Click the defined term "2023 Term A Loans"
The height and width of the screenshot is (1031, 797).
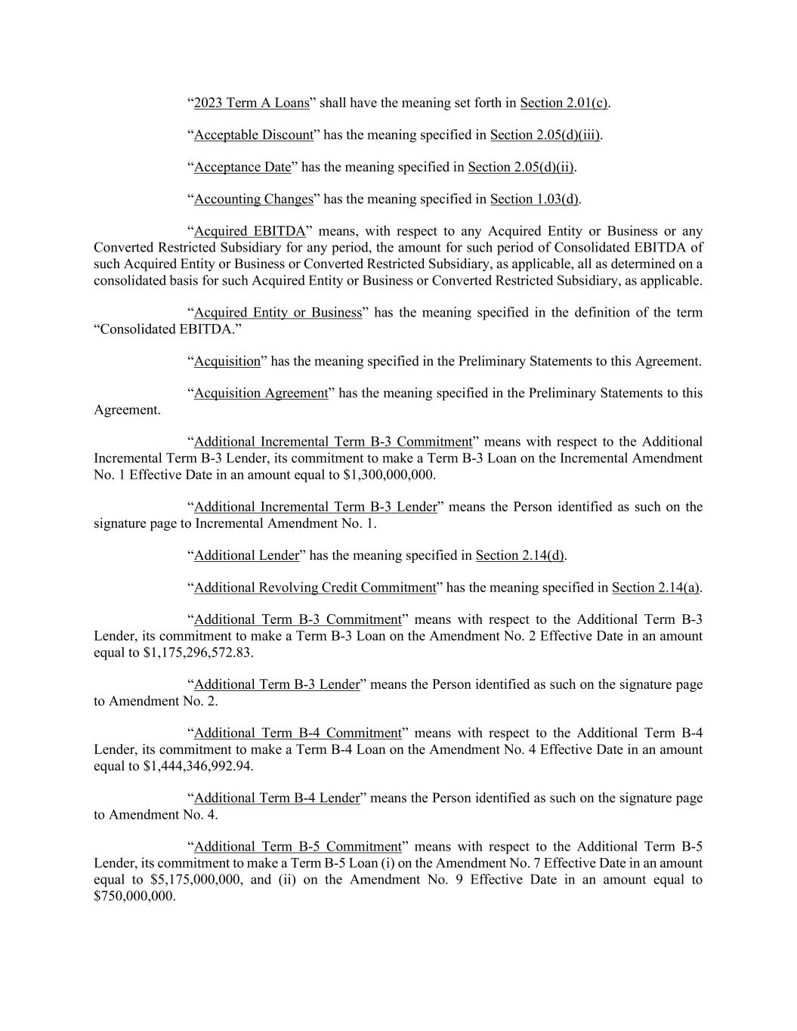pos(252,103)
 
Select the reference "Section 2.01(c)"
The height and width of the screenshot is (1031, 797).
pos(564,103)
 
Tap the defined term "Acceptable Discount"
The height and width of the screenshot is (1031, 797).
pos(253,135)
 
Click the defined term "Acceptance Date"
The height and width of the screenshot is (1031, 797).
pos(242,167)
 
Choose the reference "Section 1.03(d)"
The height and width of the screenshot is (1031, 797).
pos(534,199)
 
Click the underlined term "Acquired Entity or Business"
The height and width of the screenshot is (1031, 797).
pos(278,313)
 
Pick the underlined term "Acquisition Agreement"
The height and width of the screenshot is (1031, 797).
pos(261,394)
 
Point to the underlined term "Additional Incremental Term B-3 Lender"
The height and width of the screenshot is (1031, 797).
pos(316,507)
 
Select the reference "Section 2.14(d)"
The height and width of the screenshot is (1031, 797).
pos(520,556)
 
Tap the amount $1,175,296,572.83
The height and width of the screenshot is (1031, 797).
pos(197,653)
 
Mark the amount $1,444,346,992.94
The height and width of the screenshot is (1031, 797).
pos(197,766)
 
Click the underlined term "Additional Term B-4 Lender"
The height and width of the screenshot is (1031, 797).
pos(276,798)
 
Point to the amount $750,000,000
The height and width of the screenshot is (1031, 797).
pos(134,897)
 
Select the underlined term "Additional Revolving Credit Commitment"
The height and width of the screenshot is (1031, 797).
pos(315,588)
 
